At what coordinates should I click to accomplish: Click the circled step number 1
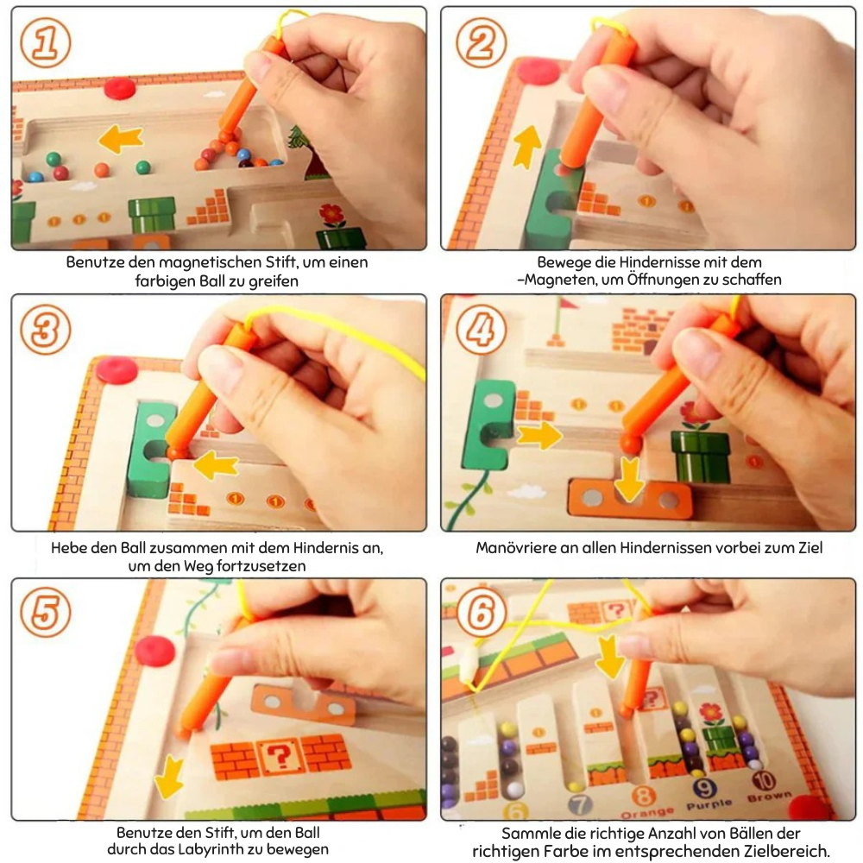point(46,43)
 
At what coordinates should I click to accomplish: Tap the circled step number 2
point(482,43)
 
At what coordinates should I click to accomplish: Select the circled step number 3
point(46,329)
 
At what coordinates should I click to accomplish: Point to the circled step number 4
point(482,329)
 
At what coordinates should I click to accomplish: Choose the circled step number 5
point(46,612)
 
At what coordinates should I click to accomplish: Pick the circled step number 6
point(482,612)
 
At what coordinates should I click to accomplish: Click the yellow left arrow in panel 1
point(121,139)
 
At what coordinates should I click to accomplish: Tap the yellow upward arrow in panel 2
point(527,146)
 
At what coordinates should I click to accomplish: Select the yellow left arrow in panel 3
point(217,465)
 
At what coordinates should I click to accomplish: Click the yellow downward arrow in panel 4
point(629,479)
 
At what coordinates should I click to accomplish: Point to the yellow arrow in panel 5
point(169,777)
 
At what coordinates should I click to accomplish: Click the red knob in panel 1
point(120,87)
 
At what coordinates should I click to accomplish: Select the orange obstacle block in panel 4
point(630,499)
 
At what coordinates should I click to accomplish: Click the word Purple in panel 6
point(709,804)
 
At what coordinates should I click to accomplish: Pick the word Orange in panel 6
point(647,812)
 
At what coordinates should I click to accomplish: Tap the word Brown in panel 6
point(770,797)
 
